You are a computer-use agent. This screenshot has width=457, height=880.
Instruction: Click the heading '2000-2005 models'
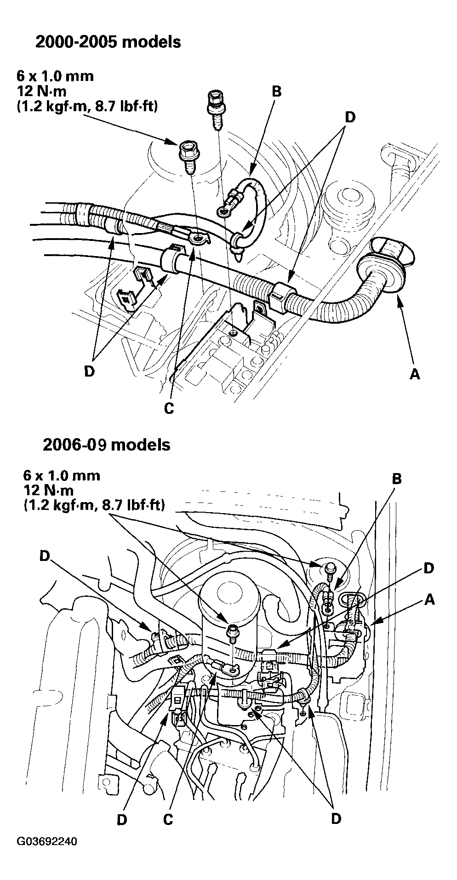tap(108, 42)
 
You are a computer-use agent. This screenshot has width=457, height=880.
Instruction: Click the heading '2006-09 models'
tap(106, 445)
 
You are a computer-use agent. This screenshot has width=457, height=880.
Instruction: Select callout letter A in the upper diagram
tap(414, 375)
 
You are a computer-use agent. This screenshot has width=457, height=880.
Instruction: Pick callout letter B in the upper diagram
tap(276, 91)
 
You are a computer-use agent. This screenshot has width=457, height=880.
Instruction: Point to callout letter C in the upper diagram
tap(169, 408)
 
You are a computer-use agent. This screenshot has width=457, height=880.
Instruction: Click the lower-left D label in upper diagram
tap(89, 371)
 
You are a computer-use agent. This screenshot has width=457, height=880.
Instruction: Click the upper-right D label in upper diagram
tap(350, 117)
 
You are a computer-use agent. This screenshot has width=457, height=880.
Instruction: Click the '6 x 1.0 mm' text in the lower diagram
tap(61, 475)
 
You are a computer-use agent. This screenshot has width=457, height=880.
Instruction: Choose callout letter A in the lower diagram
tap(429, 599)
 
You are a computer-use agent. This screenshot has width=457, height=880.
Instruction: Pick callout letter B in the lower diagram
tap(396, 479)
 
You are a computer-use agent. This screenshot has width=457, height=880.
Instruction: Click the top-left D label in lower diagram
tap(44, 556)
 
